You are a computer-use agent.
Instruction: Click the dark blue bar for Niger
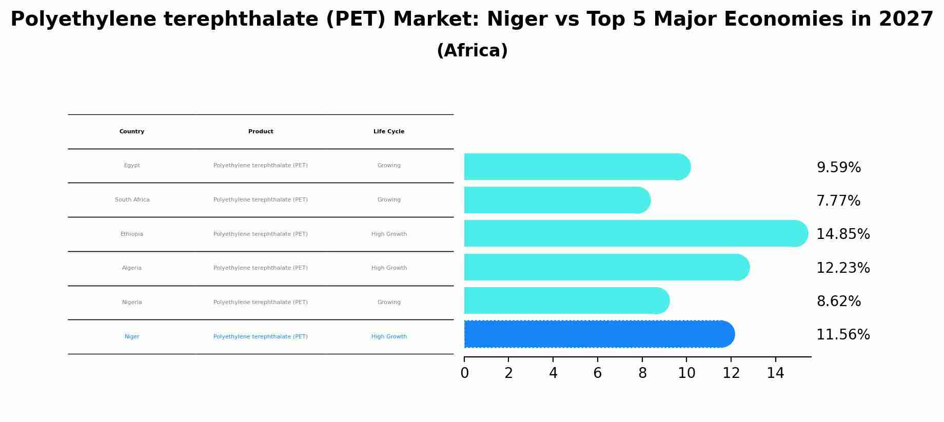598,334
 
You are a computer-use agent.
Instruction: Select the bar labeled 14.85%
635,234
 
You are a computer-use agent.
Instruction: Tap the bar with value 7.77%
557,200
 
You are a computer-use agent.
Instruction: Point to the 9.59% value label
838,168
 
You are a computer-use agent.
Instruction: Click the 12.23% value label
842,268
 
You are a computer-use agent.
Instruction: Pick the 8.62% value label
838,302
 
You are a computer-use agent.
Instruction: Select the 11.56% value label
842,335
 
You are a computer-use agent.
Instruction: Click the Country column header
132,132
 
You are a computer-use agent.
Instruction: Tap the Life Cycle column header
389,132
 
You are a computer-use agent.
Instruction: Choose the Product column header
261,132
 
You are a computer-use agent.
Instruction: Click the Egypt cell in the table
132,166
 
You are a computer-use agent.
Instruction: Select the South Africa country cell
132,200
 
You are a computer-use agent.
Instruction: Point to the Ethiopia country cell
132,234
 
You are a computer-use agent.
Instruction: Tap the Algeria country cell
132,268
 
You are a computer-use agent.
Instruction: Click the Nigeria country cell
132,303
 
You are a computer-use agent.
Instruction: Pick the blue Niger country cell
132,337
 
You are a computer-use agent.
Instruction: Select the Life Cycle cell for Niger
389,337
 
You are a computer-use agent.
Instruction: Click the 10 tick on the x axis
686,373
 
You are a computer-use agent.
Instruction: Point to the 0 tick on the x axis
464,373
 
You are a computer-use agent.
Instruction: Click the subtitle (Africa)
472,51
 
